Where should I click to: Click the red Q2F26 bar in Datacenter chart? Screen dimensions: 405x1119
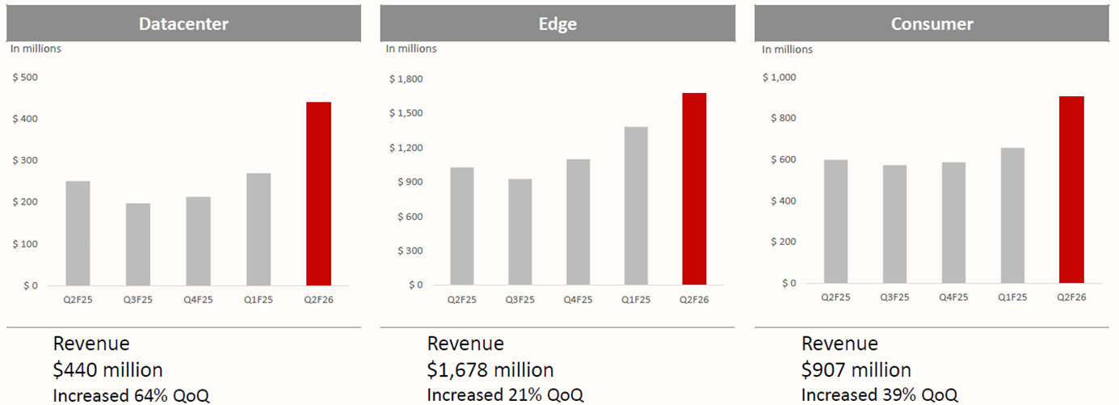point(318,194)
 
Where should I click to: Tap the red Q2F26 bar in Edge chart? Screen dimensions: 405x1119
point(694,189)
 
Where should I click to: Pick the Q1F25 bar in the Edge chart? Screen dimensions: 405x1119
point(635,206)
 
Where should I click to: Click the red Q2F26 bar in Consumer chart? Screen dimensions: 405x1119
point(1071,190)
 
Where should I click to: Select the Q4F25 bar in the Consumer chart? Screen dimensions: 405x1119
point(953,223)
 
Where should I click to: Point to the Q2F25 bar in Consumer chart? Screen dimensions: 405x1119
point(836,221)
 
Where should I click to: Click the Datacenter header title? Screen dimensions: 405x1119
point(183,23)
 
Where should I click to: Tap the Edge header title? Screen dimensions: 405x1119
point(557,23)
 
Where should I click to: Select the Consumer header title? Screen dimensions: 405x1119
point(932,23)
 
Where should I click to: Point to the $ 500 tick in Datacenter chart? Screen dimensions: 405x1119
point(25,78)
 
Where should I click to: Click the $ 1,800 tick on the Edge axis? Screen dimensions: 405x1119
point(406,78)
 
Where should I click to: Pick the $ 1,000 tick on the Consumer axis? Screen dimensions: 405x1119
point(779,78)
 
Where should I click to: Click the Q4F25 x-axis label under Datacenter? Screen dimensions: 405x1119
point(198,300)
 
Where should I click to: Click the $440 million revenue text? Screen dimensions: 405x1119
point(108,370)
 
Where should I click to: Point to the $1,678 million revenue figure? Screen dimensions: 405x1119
point(490,370)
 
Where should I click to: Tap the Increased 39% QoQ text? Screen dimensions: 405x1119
point(879,394)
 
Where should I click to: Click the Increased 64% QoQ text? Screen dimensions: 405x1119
point(131,394)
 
